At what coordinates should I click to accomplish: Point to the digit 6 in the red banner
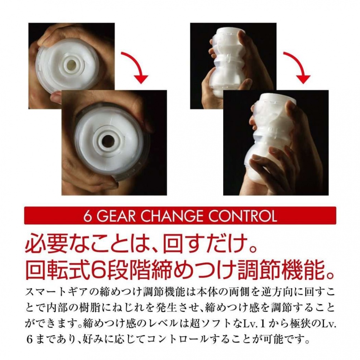(x=87, y=216)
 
